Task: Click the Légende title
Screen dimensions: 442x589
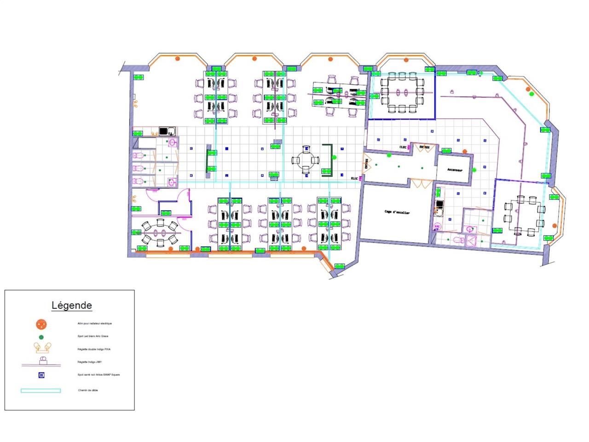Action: (x=71, y=305)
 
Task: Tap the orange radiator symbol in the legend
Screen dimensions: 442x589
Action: (x=41, y=324)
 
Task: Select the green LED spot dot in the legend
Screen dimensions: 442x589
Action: (x=41, y=337)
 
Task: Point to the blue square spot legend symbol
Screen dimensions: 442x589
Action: (x=41, y=375)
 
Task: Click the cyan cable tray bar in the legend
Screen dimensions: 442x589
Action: (x=40, y=390)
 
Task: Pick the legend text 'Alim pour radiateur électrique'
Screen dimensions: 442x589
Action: (x=94, y=324)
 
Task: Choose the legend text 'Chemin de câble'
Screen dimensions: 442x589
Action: (x=88, y=390)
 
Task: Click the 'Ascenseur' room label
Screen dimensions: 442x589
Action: (x=454, y=169)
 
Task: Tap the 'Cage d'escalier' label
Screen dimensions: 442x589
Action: (x=397, y=212)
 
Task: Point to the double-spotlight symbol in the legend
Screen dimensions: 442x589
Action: (x=41, y=347)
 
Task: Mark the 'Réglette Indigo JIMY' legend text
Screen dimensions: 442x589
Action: (x=90, y=362)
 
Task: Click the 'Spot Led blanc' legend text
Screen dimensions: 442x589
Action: (x=93, y=337)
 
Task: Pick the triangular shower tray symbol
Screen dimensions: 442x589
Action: (x=471, y=240)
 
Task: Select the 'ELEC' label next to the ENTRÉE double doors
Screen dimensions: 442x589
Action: (x=404, y=147)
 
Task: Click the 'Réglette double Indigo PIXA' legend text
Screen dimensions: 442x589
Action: (x=94, y=349)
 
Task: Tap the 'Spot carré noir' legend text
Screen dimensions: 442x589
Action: (x=98, y=375)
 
